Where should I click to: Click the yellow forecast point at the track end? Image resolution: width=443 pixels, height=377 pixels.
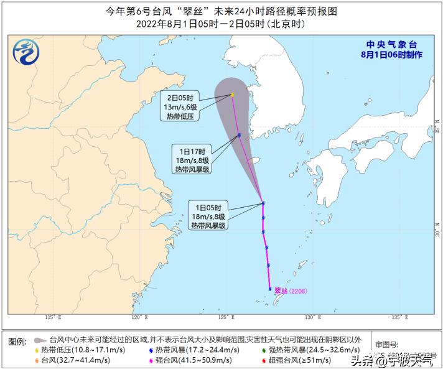pyautogui.click(x=232, y=95)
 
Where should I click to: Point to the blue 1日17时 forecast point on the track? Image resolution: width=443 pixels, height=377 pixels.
pyautogui.click(x=239, y=135)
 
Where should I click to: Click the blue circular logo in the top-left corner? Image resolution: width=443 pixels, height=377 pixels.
pyautogui.click(x=26, y=51)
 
